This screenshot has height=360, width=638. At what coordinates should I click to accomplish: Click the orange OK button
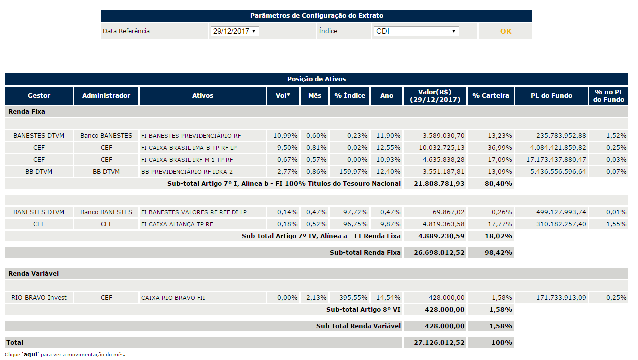coord(505,31)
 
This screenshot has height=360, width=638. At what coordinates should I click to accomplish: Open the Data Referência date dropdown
coord(234,31)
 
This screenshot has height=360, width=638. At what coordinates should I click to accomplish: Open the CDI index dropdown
coord(416,31)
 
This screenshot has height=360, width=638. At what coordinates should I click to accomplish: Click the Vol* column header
coord(283,95)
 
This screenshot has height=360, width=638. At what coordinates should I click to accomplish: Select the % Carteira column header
coord(491,95)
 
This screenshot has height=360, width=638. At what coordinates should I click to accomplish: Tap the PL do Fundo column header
coord(551,95)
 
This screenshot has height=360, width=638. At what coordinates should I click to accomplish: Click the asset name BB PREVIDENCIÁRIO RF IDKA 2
coord(187,172)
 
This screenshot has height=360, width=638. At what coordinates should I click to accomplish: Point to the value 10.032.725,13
coord(441,148)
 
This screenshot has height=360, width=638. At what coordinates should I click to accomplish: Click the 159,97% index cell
coord(353,172)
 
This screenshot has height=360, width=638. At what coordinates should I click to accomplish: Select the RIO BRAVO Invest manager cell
coord(39,297)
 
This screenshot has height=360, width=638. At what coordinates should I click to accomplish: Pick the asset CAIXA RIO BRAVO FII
coord(173,298)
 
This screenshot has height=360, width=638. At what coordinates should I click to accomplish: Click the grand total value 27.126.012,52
coord(439,342)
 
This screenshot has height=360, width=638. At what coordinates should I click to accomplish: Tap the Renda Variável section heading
coord(33,274)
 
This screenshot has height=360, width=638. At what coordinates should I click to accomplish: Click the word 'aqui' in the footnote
coord(30,354)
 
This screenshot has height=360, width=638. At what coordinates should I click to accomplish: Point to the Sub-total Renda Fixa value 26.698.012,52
coord(439,252)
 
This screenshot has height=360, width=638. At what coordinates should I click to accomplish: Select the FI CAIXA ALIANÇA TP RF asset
coord(177,224)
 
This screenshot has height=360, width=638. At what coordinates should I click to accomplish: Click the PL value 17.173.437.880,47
coord(556,160)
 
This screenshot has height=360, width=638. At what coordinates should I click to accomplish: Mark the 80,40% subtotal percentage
coord(498,184)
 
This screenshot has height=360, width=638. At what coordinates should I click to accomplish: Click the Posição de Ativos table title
coord(316,79)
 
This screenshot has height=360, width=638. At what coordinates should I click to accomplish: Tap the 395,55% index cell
coord(353,297)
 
